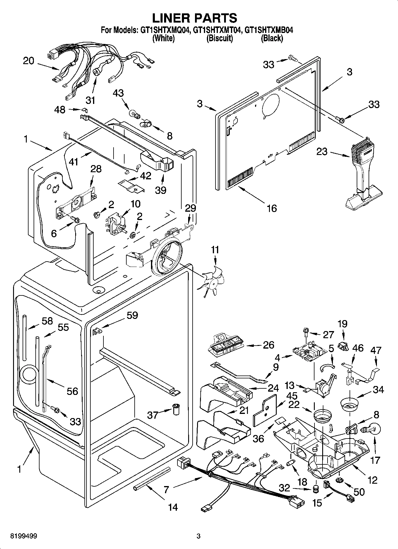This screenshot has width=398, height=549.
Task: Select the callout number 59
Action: click(x=132, y=315)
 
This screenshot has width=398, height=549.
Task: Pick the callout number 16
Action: click(x=272, y=208)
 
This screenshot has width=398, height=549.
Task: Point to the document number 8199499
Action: click(x=23, y=536)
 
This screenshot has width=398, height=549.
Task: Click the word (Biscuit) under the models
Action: click(x=220, y=38)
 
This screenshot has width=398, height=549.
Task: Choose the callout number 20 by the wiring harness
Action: click(x=29, y=61)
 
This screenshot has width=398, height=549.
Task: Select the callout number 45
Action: click(x=292, y=395)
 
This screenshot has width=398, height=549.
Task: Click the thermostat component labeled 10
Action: click(x=116, y=225)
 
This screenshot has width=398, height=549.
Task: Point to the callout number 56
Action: click(x=72, y=391)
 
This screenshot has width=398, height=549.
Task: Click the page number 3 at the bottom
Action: click(x=199, y=536)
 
